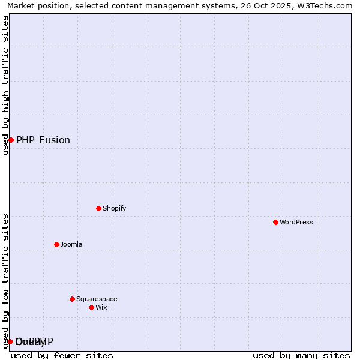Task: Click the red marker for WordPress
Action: [x=275, y=222]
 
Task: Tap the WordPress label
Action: [x=296, y=222]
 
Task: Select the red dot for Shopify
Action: [x=98, y=208]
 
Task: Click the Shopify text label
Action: [x=114, y=208]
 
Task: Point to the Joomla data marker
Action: [x=56, y=244]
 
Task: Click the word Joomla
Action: [x=71, y=244]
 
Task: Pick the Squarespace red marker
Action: [x=72, y=299]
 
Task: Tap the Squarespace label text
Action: [x=97, y=299]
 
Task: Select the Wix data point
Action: [x=91, y=307]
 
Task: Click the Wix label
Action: [x=101, y=307]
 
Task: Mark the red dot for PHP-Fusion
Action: [x=11, y=140]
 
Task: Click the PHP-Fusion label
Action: [x=43, y=140]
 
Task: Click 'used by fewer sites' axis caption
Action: [x=62, y=355]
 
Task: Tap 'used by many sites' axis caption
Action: [x=301, y=355]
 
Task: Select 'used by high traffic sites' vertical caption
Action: [x=5, y=85]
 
